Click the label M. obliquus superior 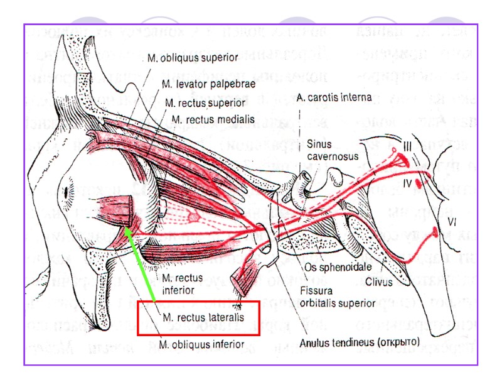[192, 58]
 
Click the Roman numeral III [408, 146]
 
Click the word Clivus [380, 281]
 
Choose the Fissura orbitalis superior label [337, 297]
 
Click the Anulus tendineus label [360, 343]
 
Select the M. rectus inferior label [181, 283]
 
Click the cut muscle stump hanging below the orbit [243, 279]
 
